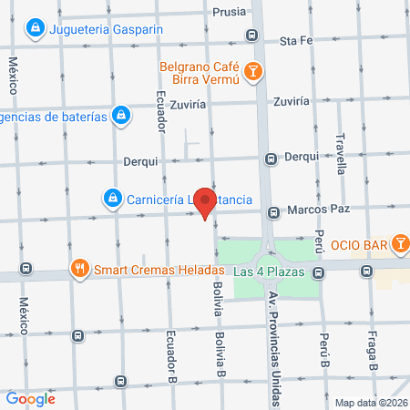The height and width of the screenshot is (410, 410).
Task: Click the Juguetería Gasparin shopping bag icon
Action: pos(34,29)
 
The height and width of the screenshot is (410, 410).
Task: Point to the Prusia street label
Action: pos(227,12)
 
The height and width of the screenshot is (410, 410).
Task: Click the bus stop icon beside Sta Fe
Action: pos(251,36)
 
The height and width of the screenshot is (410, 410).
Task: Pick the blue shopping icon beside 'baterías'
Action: pos(119,115)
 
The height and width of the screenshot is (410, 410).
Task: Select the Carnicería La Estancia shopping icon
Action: pos(111,197)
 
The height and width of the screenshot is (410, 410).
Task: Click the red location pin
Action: pos(207,204)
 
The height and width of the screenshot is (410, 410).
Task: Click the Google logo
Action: pos(30,398)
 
